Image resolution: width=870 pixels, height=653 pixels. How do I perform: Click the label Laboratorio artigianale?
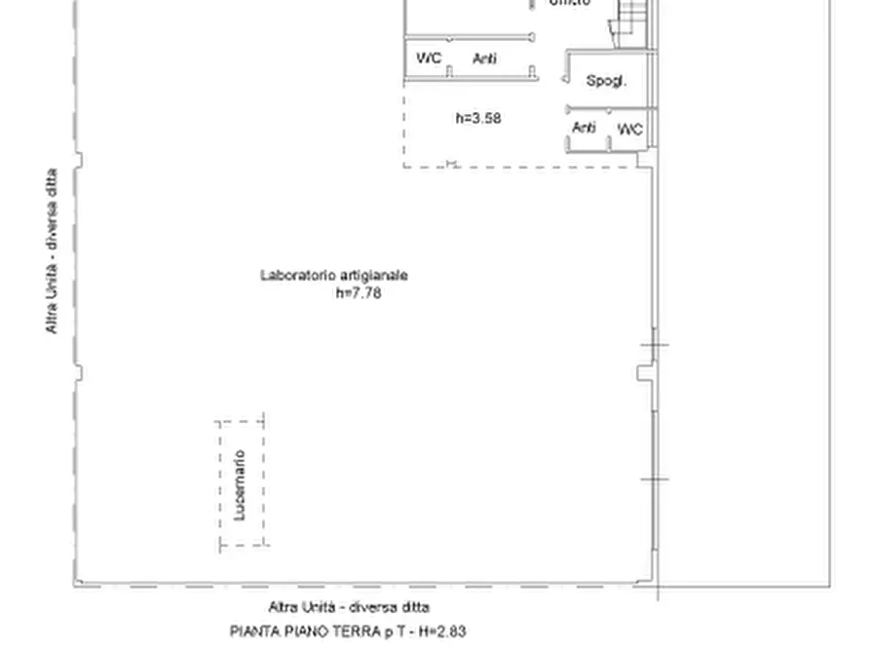pos(333,275)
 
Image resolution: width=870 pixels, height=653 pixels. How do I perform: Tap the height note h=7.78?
pos(358,292)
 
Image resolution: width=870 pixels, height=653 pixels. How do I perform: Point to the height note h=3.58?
pos(478,119)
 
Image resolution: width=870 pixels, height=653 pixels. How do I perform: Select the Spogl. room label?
pos(605,82)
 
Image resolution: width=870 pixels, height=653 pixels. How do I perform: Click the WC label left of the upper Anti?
pos(429,58)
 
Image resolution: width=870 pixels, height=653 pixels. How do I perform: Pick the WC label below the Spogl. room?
pos(630,129)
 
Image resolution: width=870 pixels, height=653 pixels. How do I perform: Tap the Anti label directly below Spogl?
pos(584,128)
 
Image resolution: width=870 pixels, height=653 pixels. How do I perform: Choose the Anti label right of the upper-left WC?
pos(484,58)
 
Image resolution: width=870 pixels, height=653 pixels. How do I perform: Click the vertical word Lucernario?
pos(241,483)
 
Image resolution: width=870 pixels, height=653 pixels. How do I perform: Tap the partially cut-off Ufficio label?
pos(570,4)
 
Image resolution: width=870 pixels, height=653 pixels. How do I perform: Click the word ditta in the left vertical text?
pos(51,186)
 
